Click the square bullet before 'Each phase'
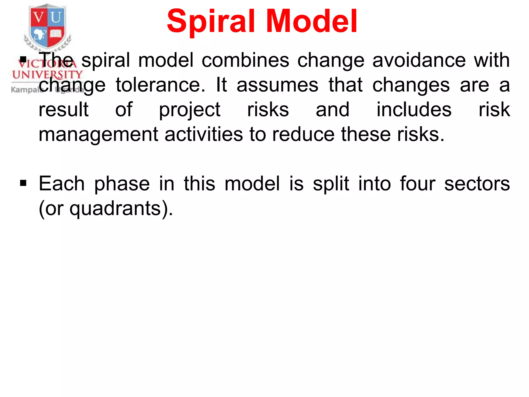(23, 183)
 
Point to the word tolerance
(160, 85)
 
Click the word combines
(245, 60)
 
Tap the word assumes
(277, 85)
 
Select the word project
(190, 110)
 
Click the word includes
(414, 109)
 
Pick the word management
(98, 135)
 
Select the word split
(331, 184)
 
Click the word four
(418, 184)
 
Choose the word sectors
(477, 184)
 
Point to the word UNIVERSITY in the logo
(47, 75)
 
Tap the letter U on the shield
(56, 17)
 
